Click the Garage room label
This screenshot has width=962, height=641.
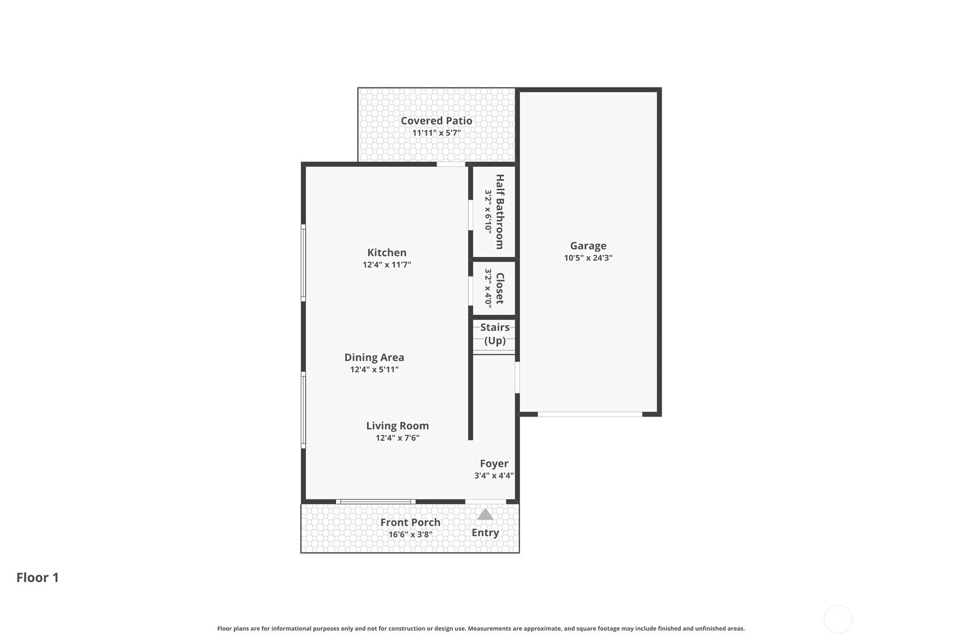click(588, 245)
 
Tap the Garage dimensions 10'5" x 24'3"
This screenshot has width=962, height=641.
click(588, 258)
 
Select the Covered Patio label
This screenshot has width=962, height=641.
click(436, 120)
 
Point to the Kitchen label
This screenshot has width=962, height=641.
click(387, 252)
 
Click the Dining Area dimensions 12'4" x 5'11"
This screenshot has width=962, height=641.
click(374, 370)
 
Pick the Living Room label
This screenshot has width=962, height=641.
click(397, 426)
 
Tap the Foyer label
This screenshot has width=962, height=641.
click(494, 464)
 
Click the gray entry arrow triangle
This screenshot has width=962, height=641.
click(485, 515)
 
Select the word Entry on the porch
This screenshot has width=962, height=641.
click(485, 533)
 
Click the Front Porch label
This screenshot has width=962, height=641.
click(410, 522)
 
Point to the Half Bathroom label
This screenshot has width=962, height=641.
click(499, 211)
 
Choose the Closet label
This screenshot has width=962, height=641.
click(499, 288)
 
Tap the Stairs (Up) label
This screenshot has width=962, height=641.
click(495, 334)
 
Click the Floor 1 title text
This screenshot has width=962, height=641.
click(37, 578)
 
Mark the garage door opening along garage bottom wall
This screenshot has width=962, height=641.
click(590, 414)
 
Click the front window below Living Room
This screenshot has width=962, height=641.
click(375, 502)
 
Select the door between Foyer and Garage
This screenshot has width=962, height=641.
click(517, 377)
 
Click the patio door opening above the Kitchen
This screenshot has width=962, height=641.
click(451, 164)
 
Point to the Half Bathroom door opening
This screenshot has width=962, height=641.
click(471, 215)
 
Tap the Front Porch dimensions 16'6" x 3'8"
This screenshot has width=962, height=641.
click(410, 534)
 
